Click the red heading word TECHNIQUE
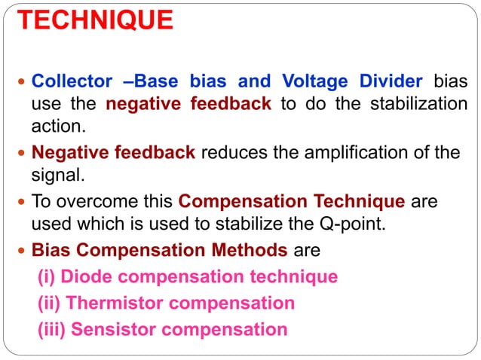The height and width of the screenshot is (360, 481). (x=95, y=20)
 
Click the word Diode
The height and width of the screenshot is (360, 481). (x=83, y=277)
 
